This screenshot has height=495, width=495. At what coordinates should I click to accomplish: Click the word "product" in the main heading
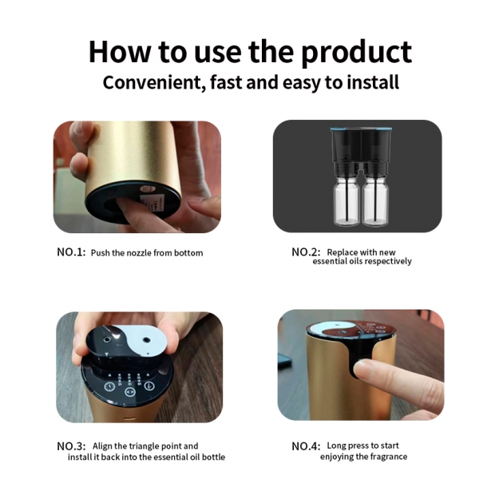[x=356, y=53]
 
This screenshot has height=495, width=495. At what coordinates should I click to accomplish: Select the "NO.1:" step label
[x=71, y=252]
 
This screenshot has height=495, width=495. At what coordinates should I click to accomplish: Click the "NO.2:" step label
[x=306, y=252]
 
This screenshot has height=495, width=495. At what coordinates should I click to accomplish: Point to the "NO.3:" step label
[x=71, y=446]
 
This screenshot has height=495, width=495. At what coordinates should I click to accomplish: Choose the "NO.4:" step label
[x=306, y=446]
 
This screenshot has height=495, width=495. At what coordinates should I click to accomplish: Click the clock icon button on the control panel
[x=110, y=386]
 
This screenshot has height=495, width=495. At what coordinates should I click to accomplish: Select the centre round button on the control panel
[x=129, y=392]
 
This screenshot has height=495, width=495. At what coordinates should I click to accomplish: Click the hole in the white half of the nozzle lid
[x=146, y=340]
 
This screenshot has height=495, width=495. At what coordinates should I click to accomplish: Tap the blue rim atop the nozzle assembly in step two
[x=362, y=129]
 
